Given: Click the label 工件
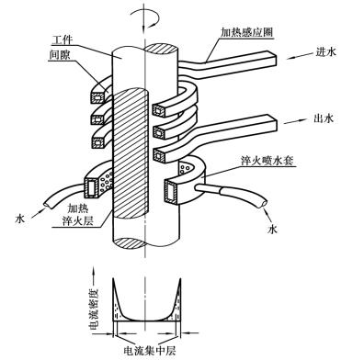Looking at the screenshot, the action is coord(62,40).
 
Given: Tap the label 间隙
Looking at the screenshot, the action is coord(60,55).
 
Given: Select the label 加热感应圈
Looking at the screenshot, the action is coord(247,32).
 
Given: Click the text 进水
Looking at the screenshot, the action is coord(326,51).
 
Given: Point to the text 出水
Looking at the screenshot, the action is coord(324,118).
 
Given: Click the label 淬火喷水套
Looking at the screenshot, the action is coord(267,161).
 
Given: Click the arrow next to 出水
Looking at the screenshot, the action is coord(297,121).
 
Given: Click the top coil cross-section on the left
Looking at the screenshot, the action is coord(97,97).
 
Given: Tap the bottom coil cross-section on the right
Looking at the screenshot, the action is coord(159,156).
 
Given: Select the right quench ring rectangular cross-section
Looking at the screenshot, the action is coord(171,192).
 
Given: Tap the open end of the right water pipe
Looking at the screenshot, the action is coord(264,203).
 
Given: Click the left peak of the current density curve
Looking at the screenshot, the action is coord(114,278).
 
